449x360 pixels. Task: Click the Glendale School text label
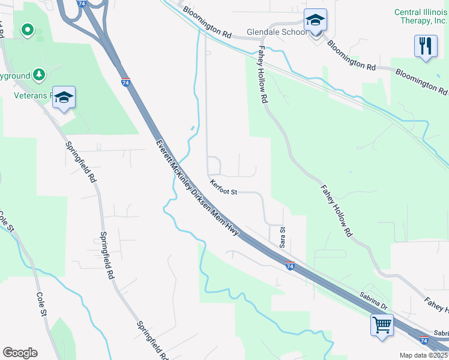pyautogui.click(x=277, y=32)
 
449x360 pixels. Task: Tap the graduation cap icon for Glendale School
pyautogui.click(x=315, y=21)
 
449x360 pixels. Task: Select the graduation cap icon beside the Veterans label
pyautogui.click(x=63, y=98)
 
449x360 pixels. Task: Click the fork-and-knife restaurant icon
pyautogui.click(x=426, y=46)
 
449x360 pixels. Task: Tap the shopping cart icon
pyautogui.click(x=382, y=326)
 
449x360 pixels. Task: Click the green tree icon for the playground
pyautogui.click(x=40, y=74)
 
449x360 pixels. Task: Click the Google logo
pyautogui.click(x=20, y=353)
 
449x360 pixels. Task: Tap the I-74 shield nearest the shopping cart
pyautogui.click(x=424, y=340)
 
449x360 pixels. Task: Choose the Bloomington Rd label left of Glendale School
pyautogui.click(x=207, y=22)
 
